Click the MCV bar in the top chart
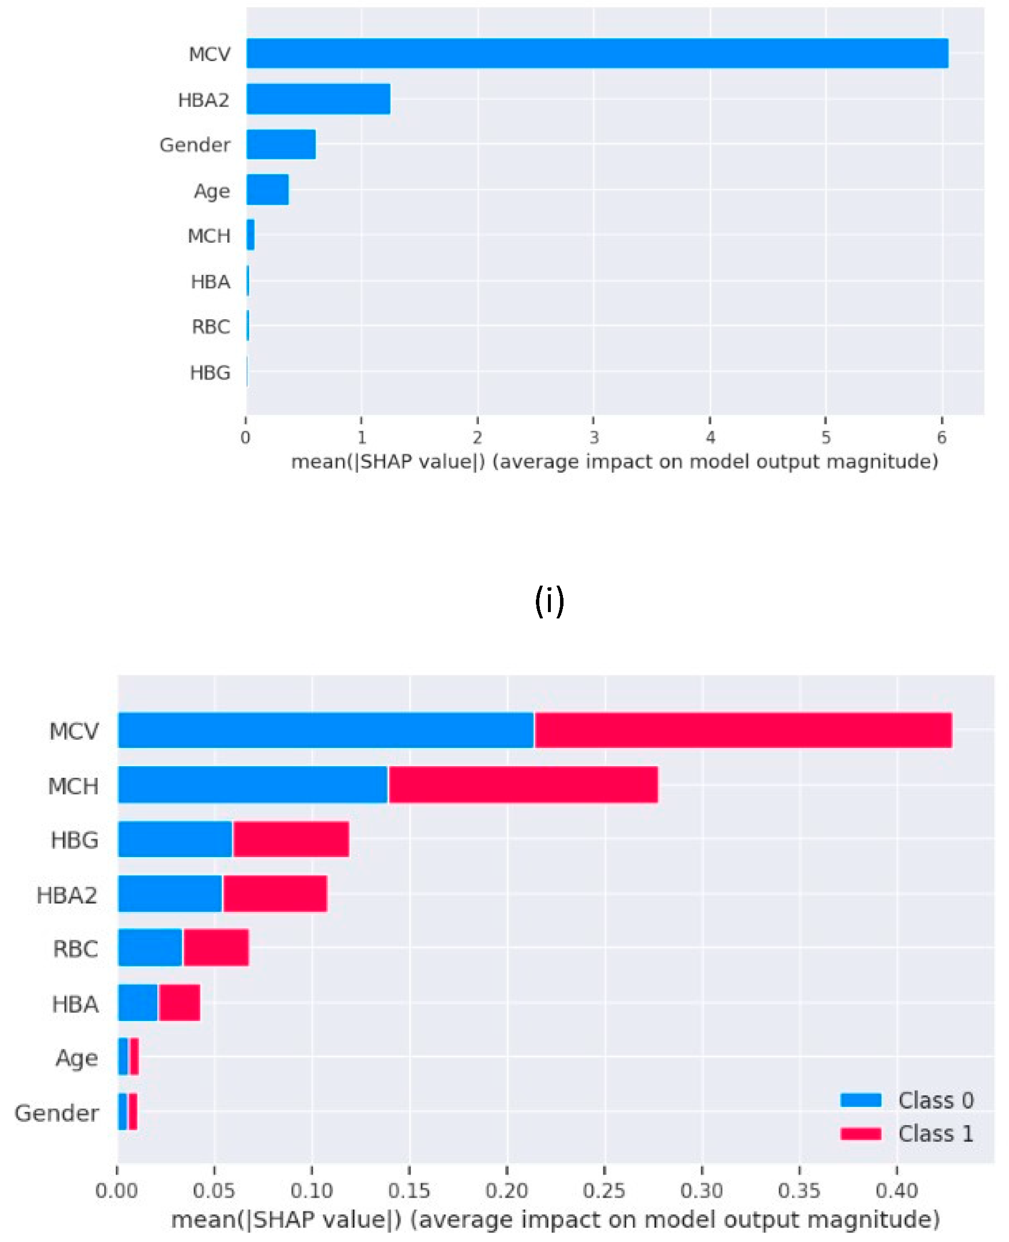[x=597, y=53]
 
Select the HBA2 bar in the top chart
[x=318, y=99]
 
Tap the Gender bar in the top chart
[x=281, y=144]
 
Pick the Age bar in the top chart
[x=268, y=189]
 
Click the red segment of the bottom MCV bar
[x=743, y=729]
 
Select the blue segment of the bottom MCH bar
[x=252, y=784]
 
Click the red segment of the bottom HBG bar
[x=291, y=839]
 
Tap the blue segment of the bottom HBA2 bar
[x=170, y=893]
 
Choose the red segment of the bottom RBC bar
[x=216, y=947]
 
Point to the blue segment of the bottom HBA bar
[x=138, y=1002]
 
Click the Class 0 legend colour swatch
[x=860, y=1100]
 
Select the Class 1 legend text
[x=935, y=1133]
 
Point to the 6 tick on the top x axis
[x=942, y=437]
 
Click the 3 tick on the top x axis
[x=593, y=437]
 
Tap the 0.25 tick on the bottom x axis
[x=604, y=1191]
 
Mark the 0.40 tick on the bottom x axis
[x=897, y=1191]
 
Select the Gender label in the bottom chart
[x=56, y=1113]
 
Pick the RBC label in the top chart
[x=211, y=327]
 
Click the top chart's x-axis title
[x=614, y=462]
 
